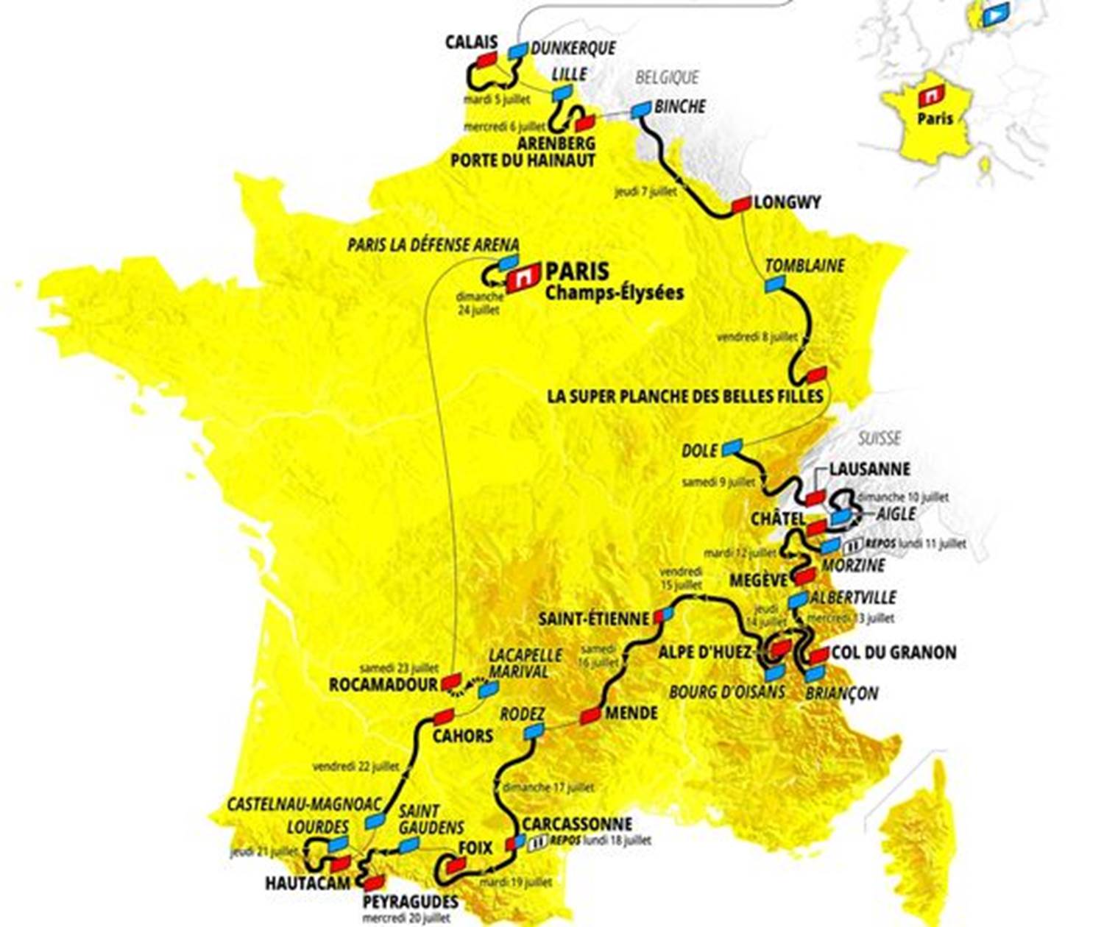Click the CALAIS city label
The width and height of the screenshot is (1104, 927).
pyautogui.click(x=471, y=43)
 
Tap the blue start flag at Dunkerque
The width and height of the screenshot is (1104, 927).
pyautogui.click(x=518, y=51)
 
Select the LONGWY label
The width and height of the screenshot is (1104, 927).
pyautogui.click(x=787, y=202)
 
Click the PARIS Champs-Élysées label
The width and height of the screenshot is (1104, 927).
pyautogui.click(x=613, y=281)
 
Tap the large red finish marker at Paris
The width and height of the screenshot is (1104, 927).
pyautogui.click(x=523, y=279)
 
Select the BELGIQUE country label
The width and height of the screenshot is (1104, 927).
pyautogui.click(x=667, y=77)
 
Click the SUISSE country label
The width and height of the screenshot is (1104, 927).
pyautogui.click(x=880, y=438)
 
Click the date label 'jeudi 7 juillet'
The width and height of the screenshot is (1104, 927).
pyautogui.click(x=645, y=192)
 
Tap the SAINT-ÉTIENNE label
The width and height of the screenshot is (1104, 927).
pyautogui.click(x=594, y=619)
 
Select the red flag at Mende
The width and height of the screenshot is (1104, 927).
pyautogui.click(x=590, y=715)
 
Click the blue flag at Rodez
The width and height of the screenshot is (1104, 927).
pyautogui.click(x=532, y=731)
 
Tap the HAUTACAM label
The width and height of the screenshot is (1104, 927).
pyautogui.click(x=308, y=882)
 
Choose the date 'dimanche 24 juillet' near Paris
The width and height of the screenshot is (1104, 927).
pyautogui.click(x=479, y=303)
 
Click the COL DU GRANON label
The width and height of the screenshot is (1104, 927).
pyautogui.click(x=894, y=653)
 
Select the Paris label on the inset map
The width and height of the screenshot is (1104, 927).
pyautogui.click(x=935, y=118)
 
